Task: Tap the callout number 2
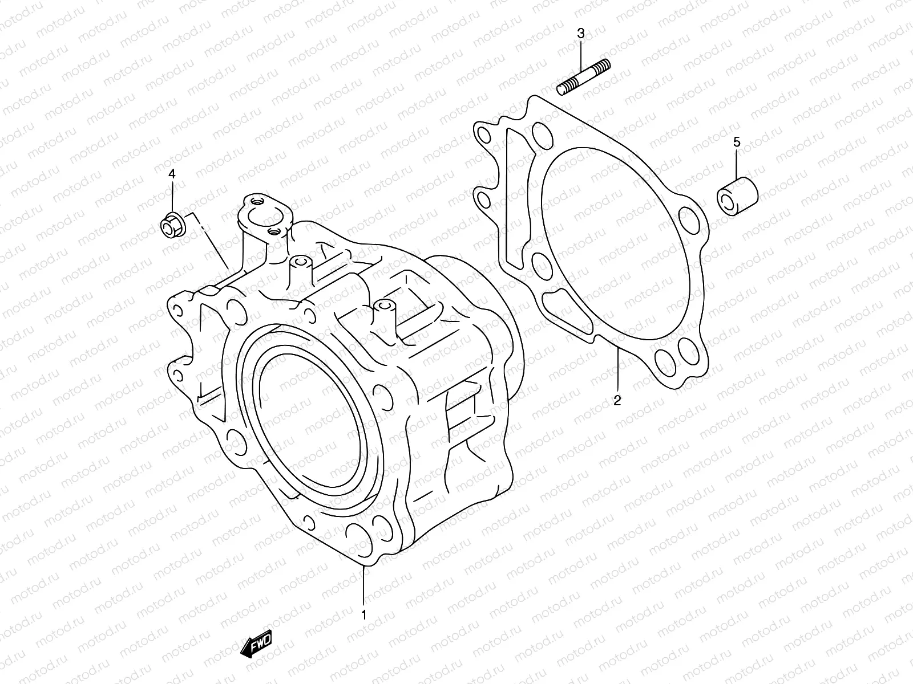pos(617,401)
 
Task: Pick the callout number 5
pos(737,142)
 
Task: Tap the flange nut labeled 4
pos(169,226)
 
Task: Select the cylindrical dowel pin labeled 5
pos(738,197)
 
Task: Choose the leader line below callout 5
pos(737,166)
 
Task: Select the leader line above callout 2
pos(617,370)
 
